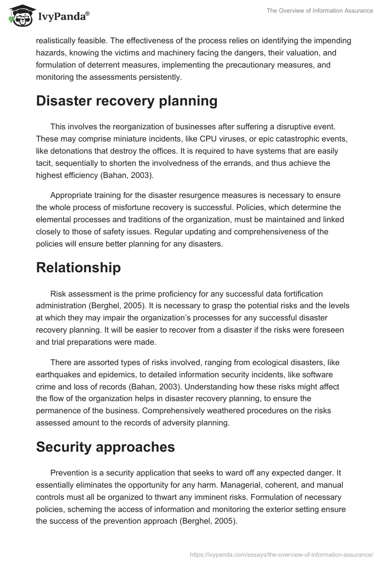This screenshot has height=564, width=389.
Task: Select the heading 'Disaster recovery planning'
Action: point(126,101)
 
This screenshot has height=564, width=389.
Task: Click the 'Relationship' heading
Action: point(78,268)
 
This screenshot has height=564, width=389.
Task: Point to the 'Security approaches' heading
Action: point(106,447)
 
